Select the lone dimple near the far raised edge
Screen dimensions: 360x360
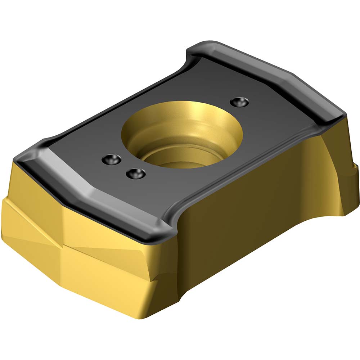(x=238, y=102)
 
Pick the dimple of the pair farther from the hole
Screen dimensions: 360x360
(x=111, y=158)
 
